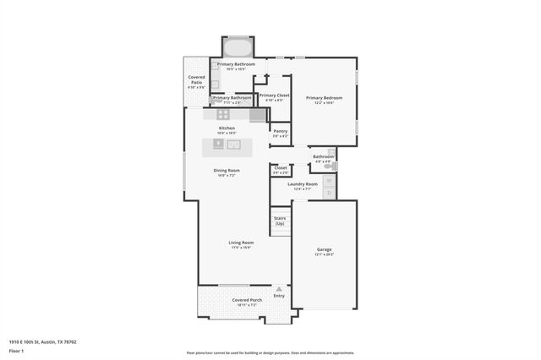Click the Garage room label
pos(325,249)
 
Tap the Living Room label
pos(241,243)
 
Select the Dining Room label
pos(226,171)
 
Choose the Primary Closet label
pos(274,95)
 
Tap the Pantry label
pos(280,131)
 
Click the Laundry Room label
pos(302,183)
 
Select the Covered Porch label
pos(247,300)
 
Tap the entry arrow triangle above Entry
pos(279,289)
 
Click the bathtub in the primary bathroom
pos(237,47)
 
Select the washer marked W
pos(329,180)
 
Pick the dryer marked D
pos(329,193)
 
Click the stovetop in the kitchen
pos(223,114)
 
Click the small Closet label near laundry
pos(281,167)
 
